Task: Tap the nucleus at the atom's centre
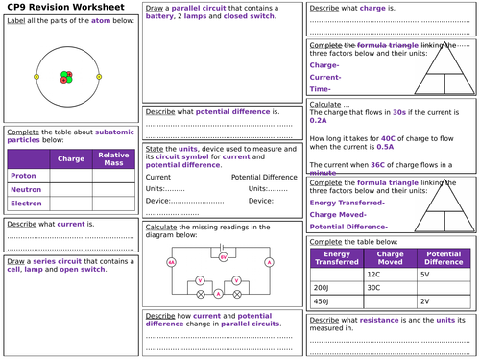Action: pos(68,77)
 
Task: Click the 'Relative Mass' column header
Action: pos(114,157)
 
